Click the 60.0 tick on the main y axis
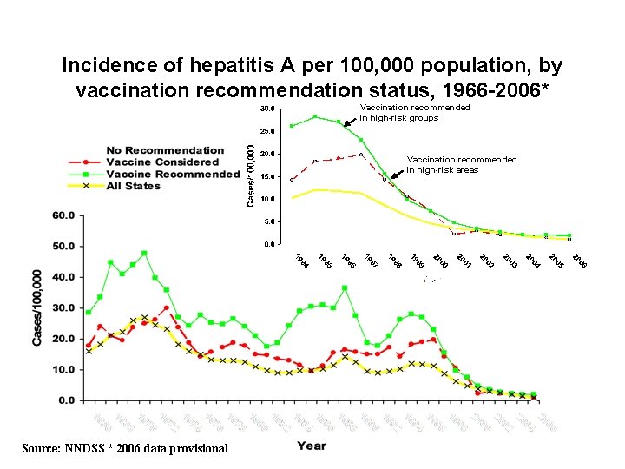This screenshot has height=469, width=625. (x=62, y=215)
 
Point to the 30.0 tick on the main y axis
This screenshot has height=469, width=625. (x=62, y=307)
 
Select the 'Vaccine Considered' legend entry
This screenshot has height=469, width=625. (x=162, y=162)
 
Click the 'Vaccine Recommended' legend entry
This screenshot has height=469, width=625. (x=171, y=174)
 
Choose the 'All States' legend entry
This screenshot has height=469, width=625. (x=138, y=186)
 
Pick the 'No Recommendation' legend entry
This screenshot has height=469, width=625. (x=165, y=150)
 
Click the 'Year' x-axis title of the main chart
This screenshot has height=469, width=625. (x=311, y=446)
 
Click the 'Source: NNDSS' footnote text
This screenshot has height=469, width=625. (x=121, y=448)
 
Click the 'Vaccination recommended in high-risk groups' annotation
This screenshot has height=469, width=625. (x=414, y=112)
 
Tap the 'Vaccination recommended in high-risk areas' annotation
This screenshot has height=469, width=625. (x=462, y=164)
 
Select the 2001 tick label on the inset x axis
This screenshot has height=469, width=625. (x=464, y=259)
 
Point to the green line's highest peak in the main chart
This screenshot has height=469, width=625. (x=144, y=253)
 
